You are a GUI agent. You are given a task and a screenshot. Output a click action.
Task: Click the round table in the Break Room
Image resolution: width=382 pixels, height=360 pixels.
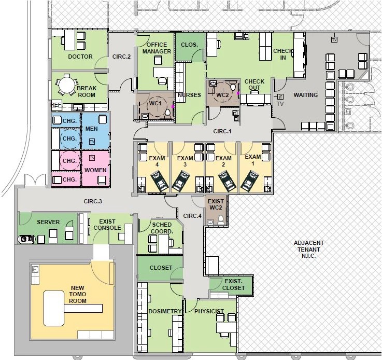click(x=66, y=85)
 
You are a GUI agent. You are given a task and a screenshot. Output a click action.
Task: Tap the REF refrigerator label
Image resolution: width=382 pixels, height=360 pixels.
click(x=56, y=105)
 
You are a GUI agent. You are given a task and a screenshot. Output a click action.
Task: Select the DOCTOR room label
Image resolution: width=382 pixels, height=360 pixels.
click(x=80, y=57)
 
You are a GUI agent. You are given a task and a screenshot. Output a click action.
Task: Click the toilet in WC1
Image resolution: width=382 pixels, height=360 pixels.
click(x=167, y=113)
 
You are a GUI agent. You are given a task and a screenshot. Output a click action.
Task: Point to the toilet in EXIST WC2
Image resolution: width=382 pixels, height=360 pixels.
click(x=221, y=220)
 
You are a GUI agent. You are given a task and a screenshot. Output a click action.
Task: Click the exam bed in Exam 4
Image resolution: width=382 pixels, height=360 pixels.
click(x=160, y=181)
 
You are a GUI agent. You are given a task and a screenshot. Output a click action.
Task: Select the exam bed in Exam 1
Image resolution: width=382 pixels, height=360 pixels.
click(x=249, y=181)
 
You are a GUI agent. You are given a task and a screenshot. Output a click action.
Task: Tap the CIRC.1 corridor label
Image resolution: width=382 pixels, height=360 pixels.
click(x=222, y=131)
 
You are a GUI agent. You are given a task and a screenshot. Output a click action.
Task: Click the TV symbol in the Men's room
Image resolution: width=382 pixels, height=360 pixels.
click(x=92, y=142)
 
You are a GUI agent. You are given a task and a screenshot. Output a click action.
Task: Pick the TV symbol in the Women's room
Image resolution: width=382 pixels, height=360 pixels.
click(x=92, y=158)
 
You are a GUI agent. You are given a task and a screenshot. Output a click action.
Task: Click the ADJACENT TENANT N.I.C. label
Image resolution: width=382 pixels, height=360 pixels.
click(x=308, y=250)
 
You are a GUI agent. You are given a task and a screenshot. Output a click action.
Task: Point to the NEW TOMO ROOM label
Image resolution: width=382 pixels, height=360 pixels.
click(x=78, y=294)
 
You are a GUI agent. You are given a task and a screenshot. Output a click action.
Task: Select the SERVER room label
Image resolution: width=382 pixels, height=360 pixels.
click(x=48, y=222)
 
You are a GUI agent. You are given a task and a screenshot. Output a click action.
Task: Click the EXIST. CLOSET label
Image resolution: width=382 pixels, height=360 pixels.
click(x=233, y=284)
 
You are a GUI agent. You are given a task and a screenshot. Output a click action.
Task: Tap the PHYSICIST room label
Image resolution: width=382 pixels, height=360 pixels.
click(x=209, y=311)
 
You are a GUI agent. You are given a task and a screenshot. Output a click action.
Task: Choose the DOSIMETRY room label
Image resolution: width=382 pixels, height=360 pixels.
click(x=165, y=311)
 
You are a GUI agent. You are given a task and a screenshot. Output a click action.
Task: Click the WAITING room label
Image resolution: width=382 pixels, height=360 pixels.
click(x=305, y=95)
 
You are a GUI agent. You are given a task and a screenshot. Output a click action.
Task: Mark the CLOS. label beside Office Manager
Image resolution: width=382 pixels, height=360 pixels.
click(x=189, y=45)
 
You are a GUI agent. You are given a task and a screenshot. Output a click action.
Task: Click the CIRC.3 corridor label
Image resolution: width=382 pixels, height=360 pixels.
click(x=93, y=201)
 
